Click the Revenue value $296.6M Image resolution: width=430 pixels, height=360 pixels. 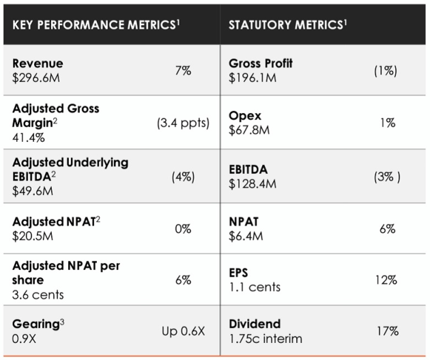36,78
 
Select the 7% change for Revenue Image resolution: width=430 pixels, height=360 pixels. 183,71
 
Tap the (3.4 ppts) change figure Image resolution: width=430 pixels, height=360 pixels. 183,123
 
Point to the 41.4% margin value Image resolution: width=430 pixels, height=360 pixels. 29,138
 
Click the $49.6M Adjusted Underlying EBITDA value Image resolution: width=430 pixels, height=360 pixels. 33,191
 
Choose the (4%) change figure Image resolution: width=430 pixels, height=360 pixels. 183,177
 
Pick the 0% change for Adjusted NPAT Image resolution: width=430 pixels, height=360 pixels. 183,229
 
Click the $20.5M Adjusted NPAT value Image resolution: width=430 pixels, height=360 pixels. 33,236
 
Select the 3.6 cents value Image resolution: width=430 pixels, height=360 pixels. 38,295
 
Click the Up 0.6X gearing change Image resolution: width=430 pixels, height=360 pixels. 183,331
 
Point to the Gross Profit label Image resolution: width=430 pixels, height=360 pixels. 261,63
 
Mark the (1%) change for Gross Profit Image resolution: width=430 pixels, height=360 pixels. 386,71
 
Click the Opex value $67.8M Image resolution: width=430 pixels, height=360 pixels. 249,130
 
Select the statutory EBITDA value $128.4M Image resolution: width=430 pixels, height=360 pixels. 253,183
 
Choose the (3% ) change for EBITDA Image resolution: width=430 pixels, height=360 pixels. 387,177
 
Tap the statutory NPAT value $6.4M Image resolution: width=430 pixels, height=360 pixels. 246,236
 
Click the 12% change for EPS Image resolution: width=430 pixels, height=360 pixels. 386,280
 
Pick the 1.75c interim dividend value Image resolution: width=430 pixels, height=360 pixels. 266,339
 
